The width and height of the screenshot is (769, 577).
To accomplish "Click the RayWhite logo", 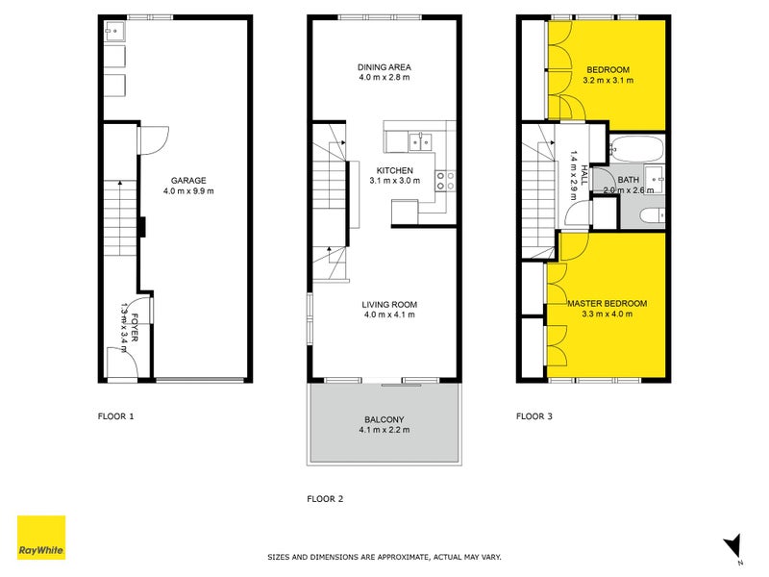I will point(41,538).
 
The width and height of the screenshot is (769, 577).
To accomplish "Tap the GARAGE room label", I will point(187,180).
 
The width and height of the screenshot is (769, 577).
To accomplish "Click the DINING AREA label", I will point(384,67).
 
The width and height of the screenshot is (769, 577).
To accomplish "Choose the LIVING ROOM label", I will point(390,304).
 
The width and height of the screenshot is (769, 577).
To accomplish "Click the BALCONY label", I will point(384,418).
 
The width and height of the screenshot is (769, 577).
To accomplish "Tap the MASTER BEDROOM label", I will point(607,304).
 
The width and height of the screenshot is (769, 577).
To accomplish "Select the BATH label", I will point(628,180).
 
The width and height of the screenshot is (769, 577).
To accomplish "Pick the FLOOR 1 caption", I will point(116,416).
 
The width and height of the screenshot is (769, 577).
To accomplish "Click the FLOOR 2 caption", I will point(325,498).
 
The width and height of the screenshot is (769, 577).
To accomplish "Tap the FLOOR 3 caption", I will point(534,416).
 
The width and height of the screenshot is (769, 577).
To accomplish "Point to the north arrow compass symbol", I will point(732,545).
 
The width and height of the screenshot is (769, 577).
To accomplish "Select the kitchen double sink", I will point(420,142).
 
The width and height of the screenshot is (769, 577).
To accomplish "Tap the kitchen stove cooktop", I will point(446,181).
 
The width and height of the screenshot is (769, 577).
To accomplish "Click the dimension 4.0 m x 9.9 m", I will point(187,190).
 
